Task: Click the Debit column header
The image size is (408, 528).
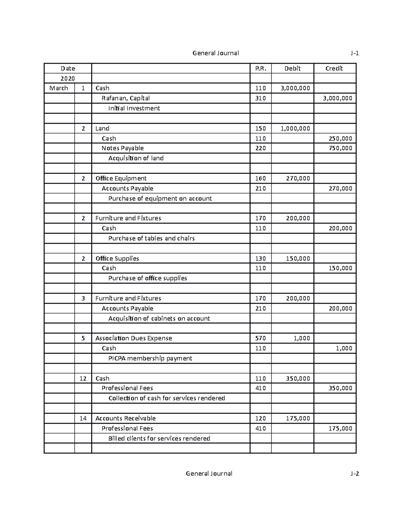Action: click(292, 68)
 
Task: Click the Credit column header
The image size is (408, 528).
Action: click(334, 68)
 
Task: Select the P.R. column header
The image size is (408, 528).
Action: click(260, 68)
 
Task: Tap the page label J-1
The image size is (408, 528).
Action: click(355, 53)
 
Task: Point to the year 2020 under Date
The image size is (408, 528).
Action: click(68, 78)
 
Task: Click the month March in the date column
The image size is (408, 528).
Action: click(59, 88)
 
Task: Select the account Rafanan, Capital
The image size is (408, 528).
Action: click(126, 98)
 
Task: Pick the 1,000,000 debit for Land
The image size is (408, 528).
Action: click(295, 129)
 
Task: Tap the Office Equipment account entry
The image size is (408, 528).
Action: click(121, 178)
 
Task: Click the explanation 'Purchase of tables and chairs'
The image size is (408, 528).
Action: click(151, 238)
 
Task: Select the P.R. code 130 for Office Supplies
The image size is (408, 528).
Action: click(260, 258)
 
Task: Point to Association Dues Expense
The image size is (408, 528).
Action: click(134, 338)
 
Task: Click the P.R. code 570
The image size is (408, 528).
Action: click(260, 338)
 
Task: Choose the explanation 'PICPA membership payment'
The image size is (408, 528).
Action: click(150, 358)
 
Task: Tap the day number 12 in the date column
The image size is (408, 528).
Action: click(83, 378)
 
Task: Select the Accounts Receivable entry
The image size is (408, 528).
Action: click(125, 419)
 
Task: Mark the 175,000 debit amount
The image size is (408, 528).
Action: click(298, 419)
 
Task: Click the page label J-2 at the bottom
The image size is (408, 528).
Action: click(355, 474)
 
